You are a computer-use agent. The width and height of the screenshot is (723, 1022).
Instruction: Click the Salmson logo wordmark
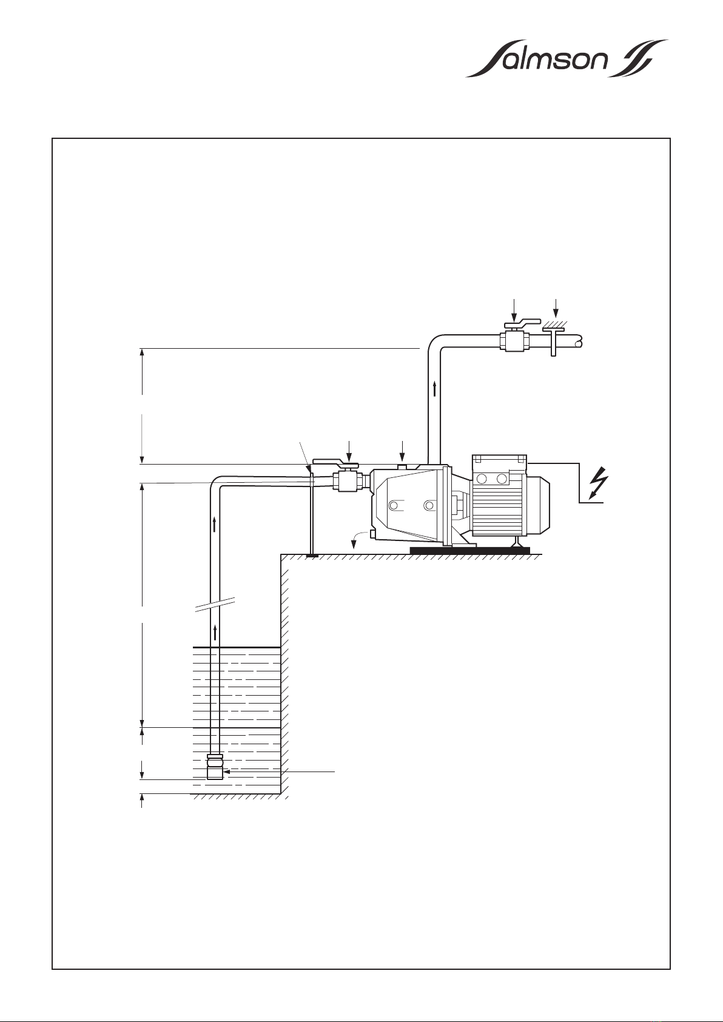pos(567,59)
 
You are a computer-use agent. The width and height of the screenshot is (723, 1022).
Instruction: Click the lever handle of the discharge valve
pos(523,323)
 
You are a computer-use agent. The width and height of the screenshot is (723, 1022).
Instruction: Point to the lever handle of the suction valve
pos(336,464)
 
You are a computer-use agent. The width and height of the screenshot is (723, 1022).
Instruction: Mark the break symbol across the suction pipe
pos(215,603)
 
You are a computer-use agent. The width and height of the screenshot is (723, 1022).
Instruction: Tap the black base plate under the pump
pos(470,550)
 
